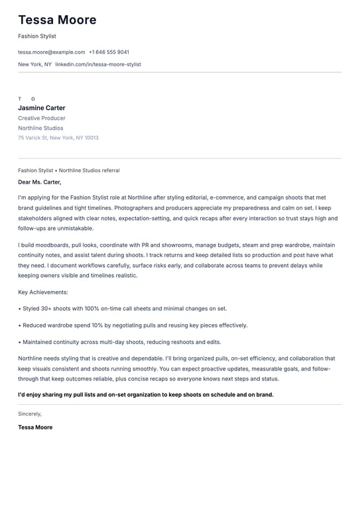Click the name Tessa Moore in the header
pyautogui.click(x=57, y=20)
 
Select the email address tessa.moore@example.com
pyautogui.click(x=52, y=52)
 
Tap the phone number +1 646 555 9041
pyautogui.click(x=109, y=52)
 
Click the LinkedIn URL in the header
pyautogui.click(x=98, y=64)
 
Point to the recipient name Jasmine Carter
pyautogui.click(x=42, y=108)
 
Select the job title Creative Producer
pyautogui.click(x=42, y=118)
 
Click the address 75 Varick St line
pyautogui.click(x=58, y=138)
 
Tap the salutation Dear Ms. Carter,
pyautogui.click(x=40, y=182)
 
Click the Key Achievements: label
pyautogui.click(x=43, y=292)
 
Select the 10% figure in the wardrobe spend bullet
pyautogui.click(x=96, y=325)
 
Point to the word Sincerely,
pyautogui.click(x=30, y=414)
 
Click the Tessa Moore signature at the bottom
pyautogui.click(x=35, y=427)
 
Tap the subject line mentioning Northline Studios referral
pyautogui.click(x=69, y=170)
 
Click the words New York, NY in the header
pyautogui.click(x=34, y=64)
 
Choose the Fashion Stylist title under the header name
pyautogui.click(x=37, y=36)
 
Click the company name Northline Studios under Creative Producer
pyautogui.click(x=41, y=128)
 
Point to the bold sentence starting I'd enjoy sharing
pyautogui.click(x=146, y=394)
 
